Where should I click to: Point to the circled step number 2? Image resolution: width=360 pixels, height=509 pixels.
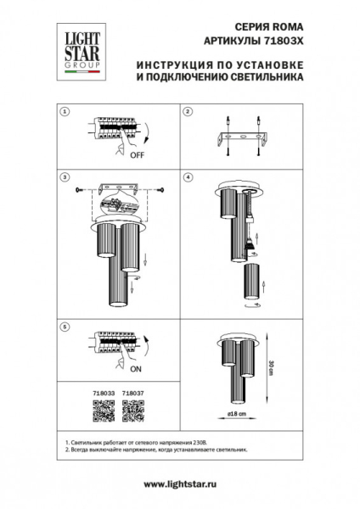[188, 112]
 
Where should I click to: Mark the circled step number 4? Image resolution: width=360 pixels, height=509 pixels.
[188, 178]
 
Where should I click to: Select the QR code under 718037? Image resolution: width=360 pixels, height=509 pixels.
[133, 411]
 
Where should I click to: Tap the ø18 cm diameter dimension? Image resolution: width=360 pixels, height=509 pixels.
[239, 413]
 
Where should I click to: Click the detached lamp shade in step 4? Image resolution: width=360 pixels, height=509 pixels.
[252, 283]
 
